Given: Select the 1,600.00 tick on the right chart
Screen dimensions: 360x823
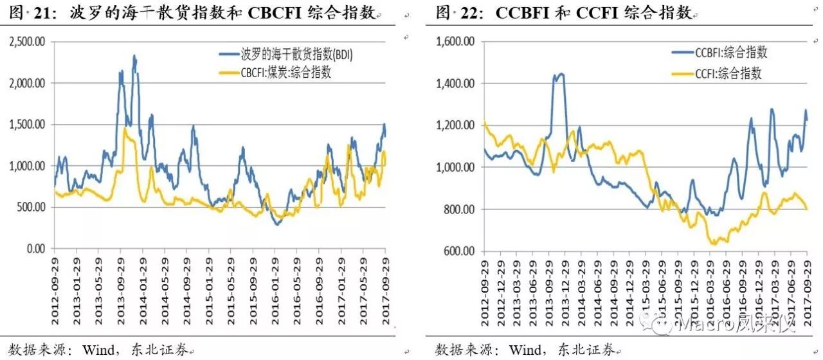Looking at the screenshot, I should point(455,42).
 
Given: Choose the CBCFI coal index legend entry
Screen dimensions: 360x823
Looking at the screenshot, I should point(277,73).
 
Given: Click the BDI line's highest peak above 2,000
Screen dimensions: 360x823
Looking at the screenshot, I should point(134,55).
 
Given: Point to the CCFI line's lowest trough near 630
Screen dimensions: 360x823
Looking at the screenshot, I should point(713,244).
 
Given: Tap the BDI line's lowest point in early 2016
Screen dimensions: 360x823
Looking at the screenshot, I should point(277,224).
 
